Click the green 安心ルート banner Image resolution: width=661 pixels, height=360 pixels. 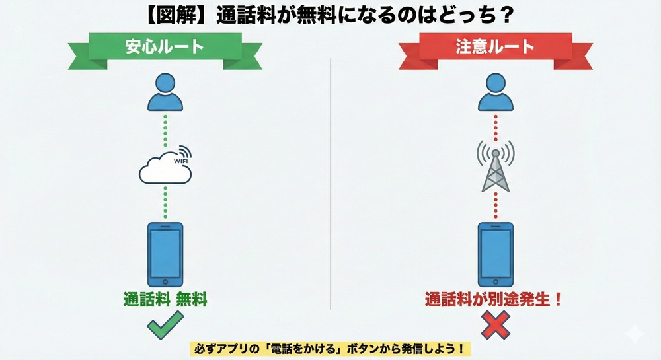tap(165, 48)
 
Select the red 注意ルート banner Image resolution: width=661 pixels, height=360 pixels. tap(495, 48)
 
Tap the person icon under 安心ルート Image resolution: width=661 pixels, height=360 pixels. tap(165, 92)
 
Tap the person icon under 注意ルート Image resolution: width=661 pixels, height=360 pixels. tap(495, 92)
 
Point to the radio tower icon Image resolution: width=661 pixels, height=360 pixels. tap(495, 166)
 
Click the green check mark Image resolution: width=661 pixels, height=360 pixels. tap(165, 327)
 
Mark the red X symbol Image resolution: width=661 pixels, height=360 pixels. tap(495, 326)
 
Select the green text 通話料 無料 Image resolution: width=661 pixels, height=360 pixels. tap(165, 299)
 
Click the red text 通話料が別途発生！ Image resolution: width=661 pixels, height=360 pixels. tap(494, 299)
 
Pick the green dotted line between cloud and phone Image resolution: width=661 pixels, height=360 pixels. tap(165, 201)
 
